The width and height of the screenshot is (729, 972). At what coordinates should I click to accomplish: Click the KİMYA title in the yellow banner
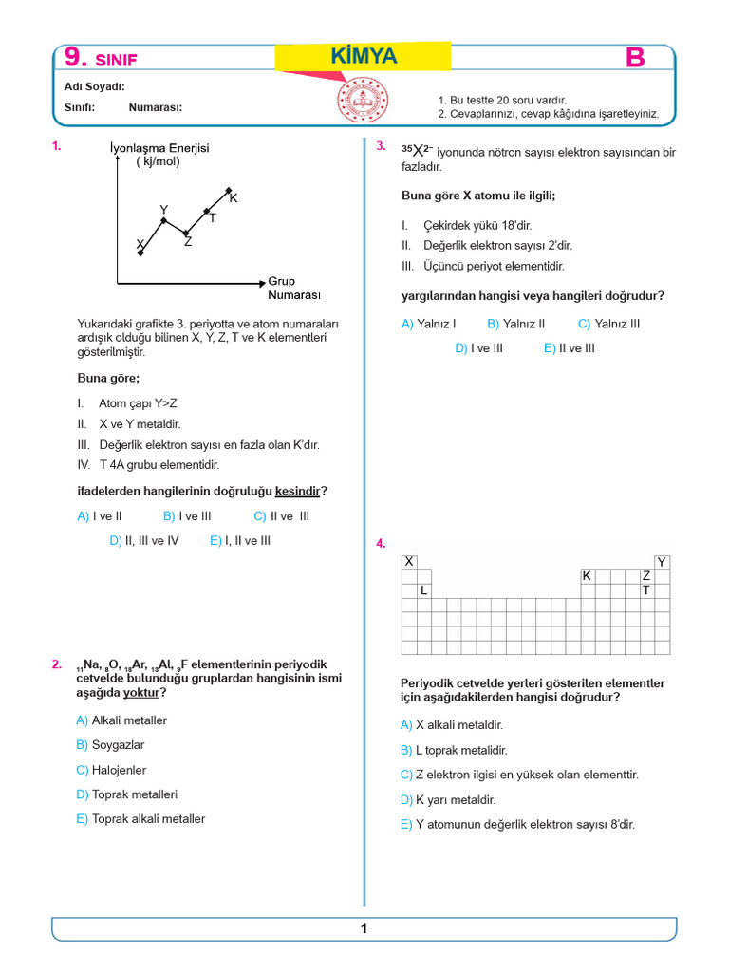click(x=364, y=58)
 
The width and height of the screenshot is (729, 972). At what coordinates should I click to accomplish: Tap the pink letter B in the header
click(x=635, y=59)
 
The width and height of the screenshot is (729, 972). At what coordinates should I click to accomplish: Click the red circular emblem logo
click(x=362, y=100)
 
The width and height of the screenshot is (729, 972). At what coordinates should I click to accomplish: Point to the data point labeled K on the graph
click(x=229, y=191)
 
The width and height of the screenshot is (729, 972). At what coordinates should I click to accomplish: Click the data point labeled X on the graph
click(x=141, y=252)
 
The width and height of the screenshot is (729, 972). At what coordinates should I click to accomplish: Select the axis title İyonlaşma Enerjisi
click(x=159, y=148)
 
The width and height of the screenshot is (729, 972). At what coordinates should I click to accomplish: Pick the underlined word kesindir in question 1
click(x=297, y=491)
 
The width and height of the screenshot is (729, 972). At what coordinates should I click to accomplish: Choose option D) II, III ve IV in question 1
click(x=144, y=540)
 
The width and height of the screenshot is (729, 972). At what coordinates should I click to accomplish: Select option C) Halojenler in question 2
click(x=111, y=770)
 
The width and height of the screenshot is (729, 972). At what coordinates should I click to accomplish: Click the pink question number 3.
click(x=381, y=146)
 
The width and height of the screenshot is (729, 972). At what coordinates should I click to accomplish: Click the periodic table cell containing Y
click(x=662, y=562)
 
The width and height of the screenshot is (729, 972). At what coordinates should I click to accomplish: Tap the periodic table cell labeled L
click(x=424, y=590)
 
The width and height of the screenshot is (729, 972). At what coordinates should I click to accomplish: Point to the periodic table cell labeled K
click(x=587, y=576)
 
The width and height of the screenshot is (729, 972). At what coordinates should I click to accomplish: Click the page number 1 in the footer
click(x=364, y=929)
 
